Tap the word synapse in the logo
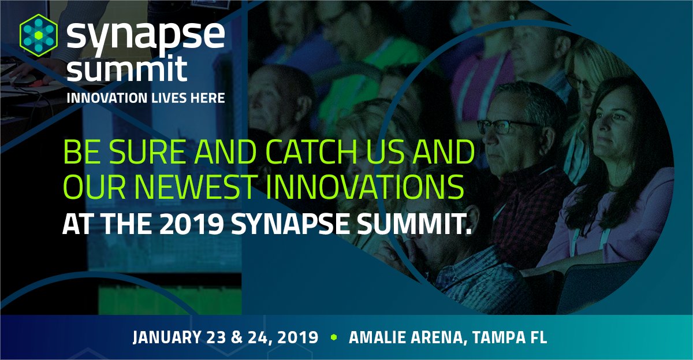[x=144, y=36]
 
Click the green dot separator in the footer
[x=333, y=337]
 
